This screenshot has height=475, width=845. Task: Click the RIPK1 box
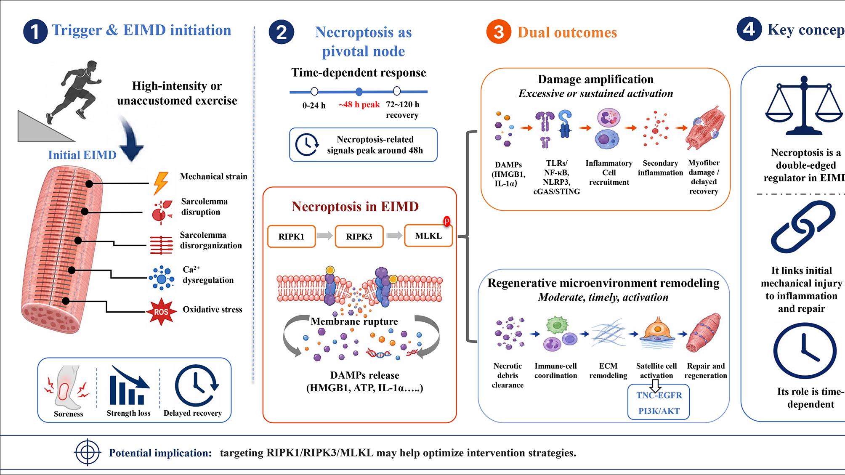point(291,236)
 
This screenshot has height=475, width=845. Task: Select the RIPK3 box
point(359,236)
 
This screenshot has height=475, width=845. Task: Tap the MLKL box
point(428,236)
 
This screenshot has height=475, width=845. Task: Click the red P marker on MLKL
point(447,221)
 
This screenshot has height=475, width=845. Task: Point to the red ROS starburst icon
point(161,312)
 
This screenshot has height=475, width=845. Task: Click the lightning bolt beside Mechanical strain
point(161,183)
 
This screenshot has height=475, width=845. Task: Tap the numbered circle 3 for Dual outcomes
point(499,32)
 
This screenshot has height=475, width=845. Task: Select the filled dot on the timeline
point(359,92)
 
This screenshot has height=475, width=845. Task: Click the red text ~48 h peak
point(359,104)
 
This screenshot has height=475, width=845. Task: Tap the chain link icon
point(803,227)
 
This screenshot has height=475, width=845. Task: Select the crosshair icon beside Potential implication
point(88,452)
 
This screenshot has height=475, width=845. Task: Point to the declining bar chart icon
point(129,385)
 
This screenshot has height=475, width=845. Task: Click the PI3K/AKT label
point(659,411)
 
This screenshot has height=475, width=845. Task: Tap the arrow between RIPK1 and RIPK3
point(325,236)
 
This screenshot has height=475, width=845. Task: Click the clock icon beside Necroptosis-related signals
point(307,145)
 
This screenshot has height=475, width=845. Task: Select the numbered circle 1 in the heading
point(35,32)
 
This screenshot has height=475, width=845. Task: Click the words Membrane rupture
point(354,321)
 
